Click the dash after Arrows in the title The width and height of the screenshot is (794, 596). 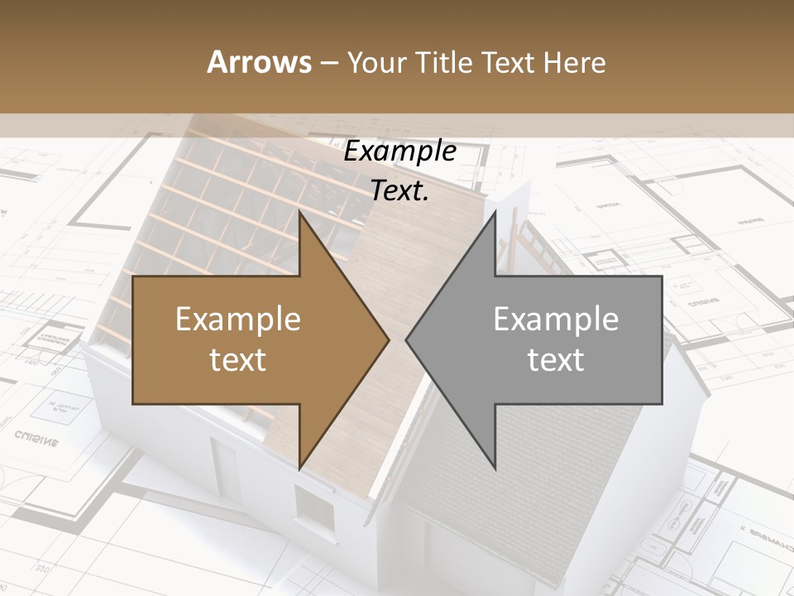point(328,63)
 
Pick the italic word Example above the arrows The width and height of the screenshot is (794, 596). point(399,151)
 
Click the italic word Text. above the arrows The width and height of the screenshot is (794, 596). point(399,190)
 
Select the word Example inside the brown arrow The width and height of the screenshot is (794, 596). point(238,320)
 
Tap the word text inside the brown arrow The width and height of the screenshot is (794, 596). point(238,360)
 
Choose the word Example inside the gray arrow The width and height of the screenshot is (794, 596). point(556,320)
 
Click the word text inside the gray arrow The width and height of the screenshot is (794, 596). point(556,360)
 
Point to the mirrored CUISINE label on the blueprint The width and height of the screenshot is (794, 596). point(36,439)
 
